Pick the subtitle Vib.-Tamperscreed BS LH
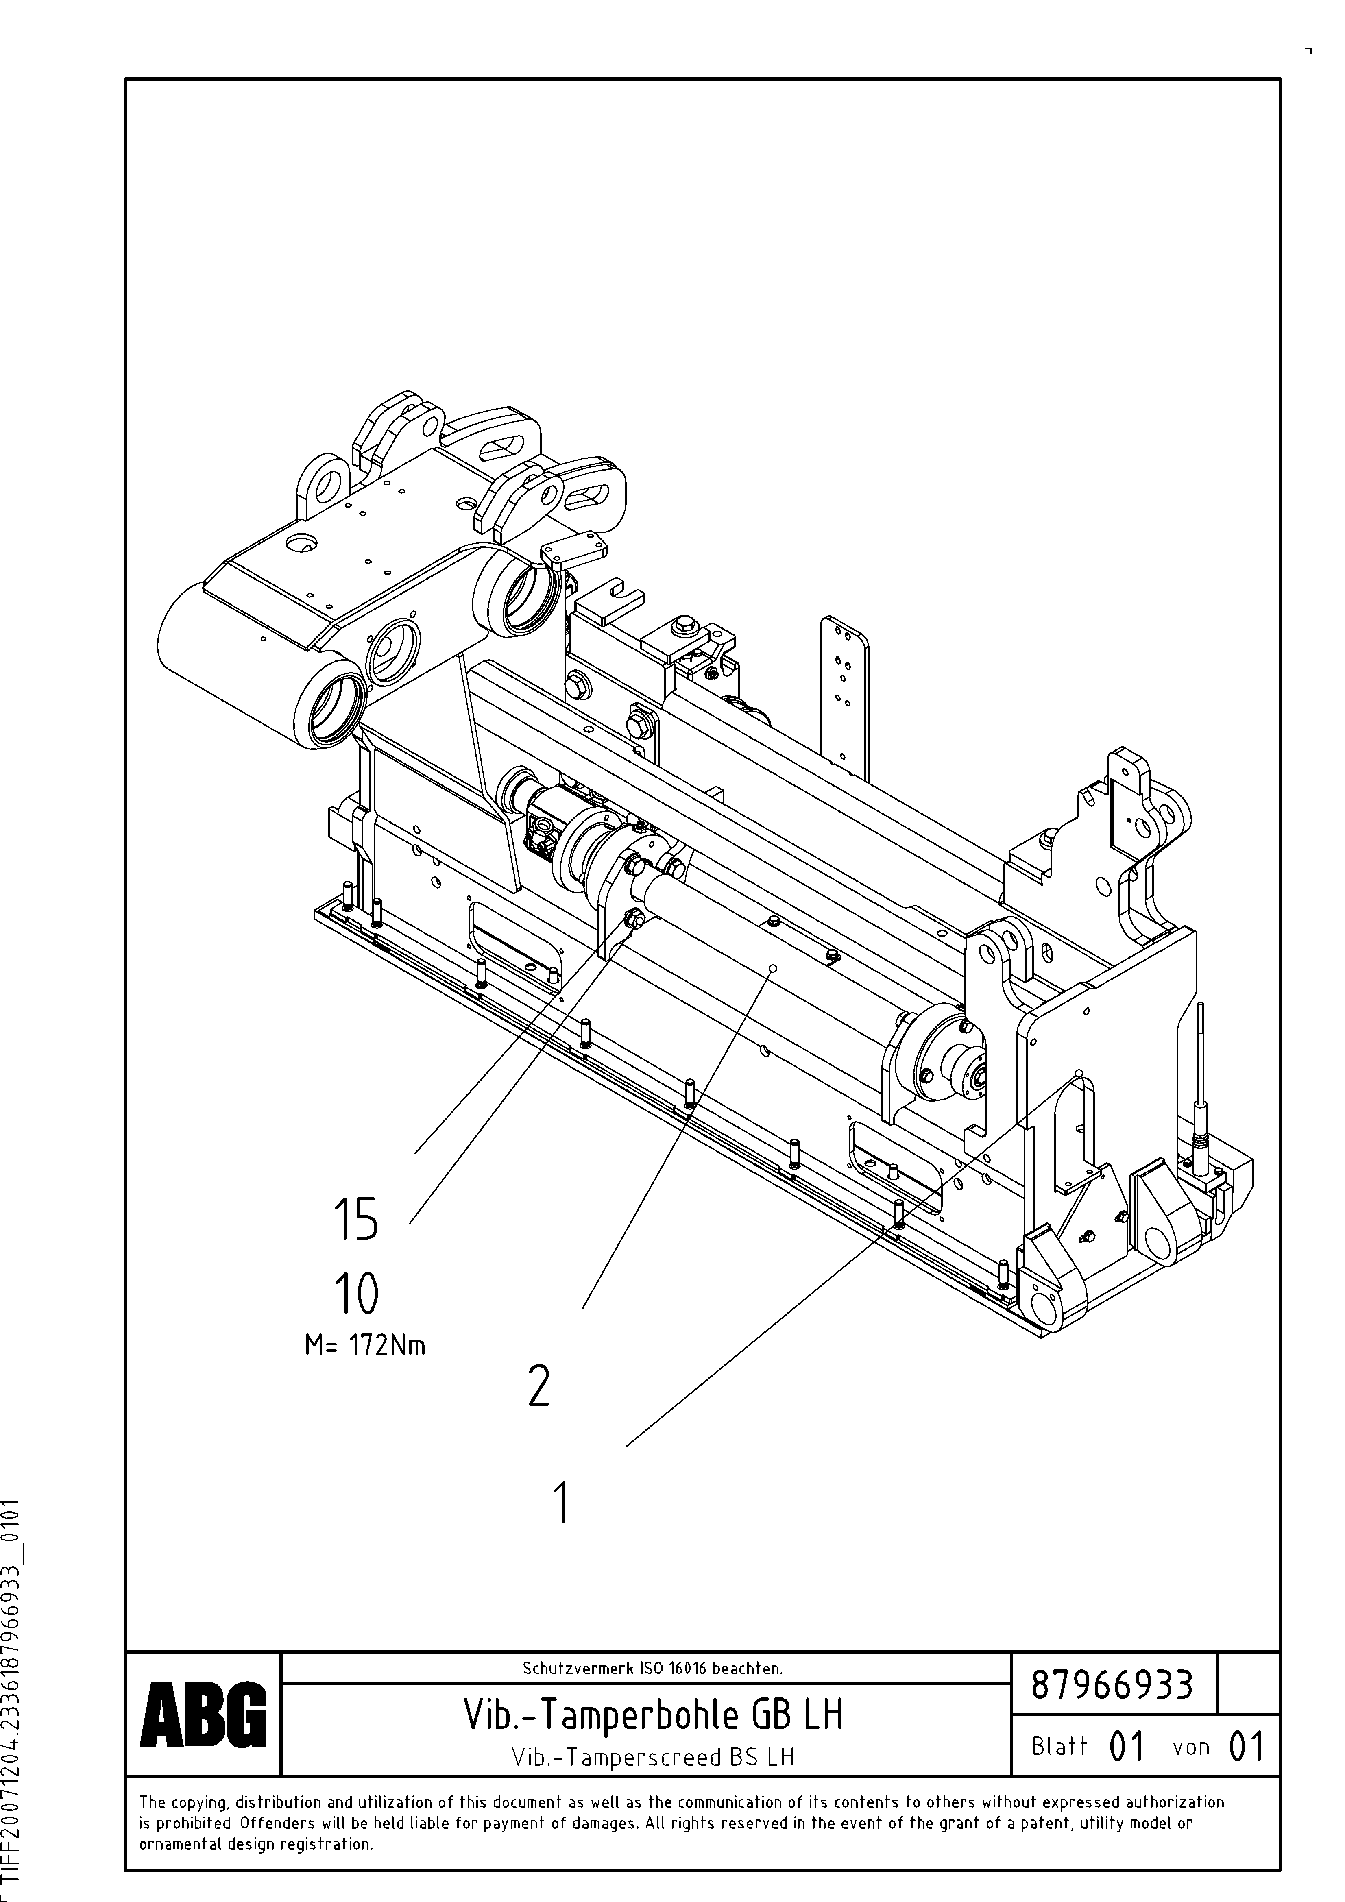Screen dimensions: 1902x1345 (653, 1757)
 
